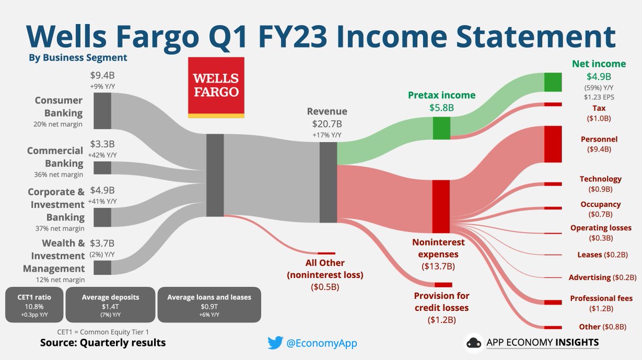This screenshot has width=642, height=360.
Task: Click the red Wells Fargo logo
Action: (x=216, y=88)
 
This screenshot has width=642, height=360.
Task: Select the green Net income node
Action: (x=553, y=82)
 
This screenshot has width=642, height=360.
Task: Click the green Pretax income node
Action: (x=441, y=128)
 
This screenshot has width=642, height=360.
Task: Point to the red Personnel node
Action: (x=553, y=144)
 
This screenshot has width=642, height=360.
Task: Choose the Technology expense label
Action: (x=600, y=179)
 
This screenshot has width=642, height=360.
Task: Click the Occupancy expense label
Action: (x=600, y=204)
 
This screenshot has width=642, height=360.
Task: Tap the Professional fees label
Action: (x=601, y=298)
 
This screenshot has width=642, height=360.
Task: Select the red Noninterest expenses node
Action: (x=441, y=206)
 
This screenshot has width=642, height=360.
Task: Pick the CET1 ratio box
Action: (x=34, y=305)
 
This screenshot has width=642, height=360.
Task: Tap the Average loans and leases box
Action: (x=209, y=305)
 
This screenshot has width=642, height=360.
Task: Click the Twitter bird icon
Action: (x=275, y=342)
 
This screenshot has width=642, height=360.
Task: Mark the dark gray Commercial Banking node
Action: (x=102, y=168)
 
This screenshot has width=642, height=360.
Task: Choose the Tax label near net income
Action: (x=599, y=108)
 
